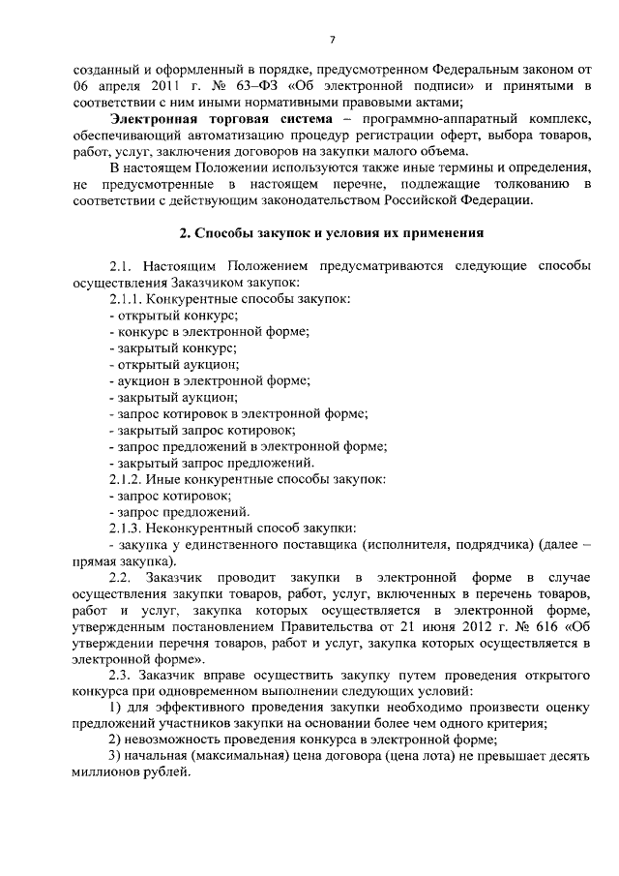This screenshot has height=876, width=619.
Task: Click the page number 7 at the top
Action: [332, 40]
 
